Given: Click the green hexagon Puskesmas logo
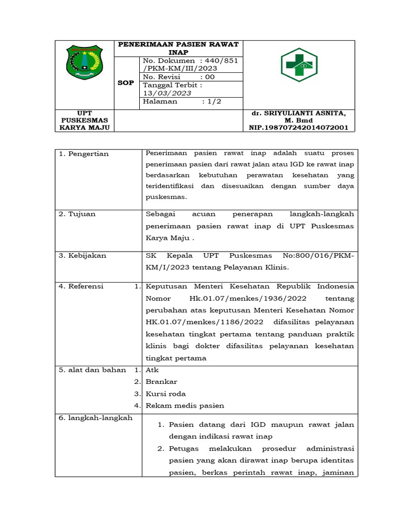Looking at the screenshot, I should (299, 65).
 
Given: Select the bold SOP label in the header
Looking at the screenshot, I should (126, 83).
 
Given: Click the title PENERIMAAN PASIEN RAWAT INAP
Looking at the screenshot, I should (178, 49).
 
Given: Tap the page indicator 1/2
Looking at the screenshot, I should (211, 102).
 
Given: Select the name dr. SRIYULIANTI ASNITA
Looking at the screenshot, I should (299, 113).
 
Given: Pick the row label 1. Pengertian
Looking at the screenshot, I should (84, 154).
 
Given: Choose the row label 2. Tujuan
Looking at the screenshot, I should (77, 214).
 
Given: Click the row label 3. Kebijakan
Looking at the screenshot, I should (82, 255).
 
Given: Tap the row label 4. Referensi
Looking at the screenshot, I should (81, 286).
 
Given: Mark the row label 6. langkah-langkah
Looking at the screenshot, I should (95, 417).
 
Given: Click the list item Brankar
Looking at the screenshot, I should (161, 382).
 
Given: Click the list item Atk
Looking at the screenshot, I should (153, 370).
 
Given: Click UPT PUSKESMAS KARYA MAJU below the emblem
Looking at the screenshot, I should (85, 120).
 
